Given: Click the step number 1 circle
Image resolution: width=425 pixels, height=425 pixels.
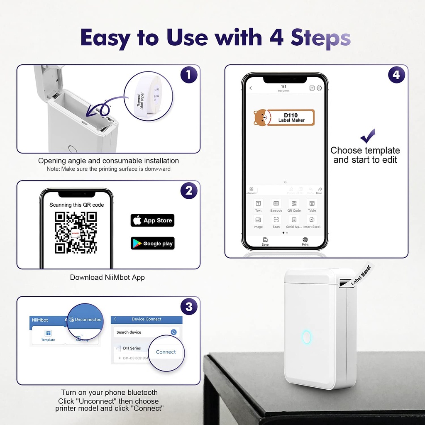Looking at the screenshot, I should point(189,75).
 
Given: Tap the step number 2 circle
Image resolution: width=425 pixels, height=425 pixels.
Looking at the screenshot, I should point(189,191).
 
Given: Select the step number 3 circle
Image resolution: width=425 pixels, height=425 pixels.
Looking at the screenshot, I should point(189,307).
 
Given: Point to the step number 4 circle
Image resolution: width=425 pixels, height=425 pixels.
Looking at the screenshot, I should point(397,75).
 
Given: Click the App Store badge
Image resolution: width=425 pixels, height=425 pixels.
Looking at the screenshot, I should point(152,220).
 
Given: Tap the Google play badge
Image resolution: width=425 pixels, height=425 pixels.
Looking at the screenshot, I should point(152,244).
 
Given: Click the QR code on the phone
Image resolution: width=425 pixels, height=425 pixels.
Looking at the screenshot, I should point(76,232).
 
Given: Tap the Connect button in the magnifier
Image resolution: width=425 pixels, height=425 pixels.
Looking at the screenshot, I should point(166,352).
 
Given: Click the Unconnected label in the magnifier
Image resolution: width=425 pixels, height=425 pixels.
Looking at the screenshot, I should point(85,320).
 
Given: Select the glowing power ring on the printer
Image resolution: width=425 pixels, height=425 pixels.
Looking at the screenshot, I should point(307,337).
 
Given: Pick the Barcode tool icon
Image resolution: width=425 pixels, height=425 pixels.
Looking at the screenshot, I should point(276,203).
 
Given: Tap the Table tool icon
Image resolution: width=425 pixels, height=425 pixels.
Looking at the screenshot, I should point(312,203).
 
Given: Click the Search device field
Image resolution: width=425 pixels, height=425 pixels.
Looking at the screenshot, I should point(141,332).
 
